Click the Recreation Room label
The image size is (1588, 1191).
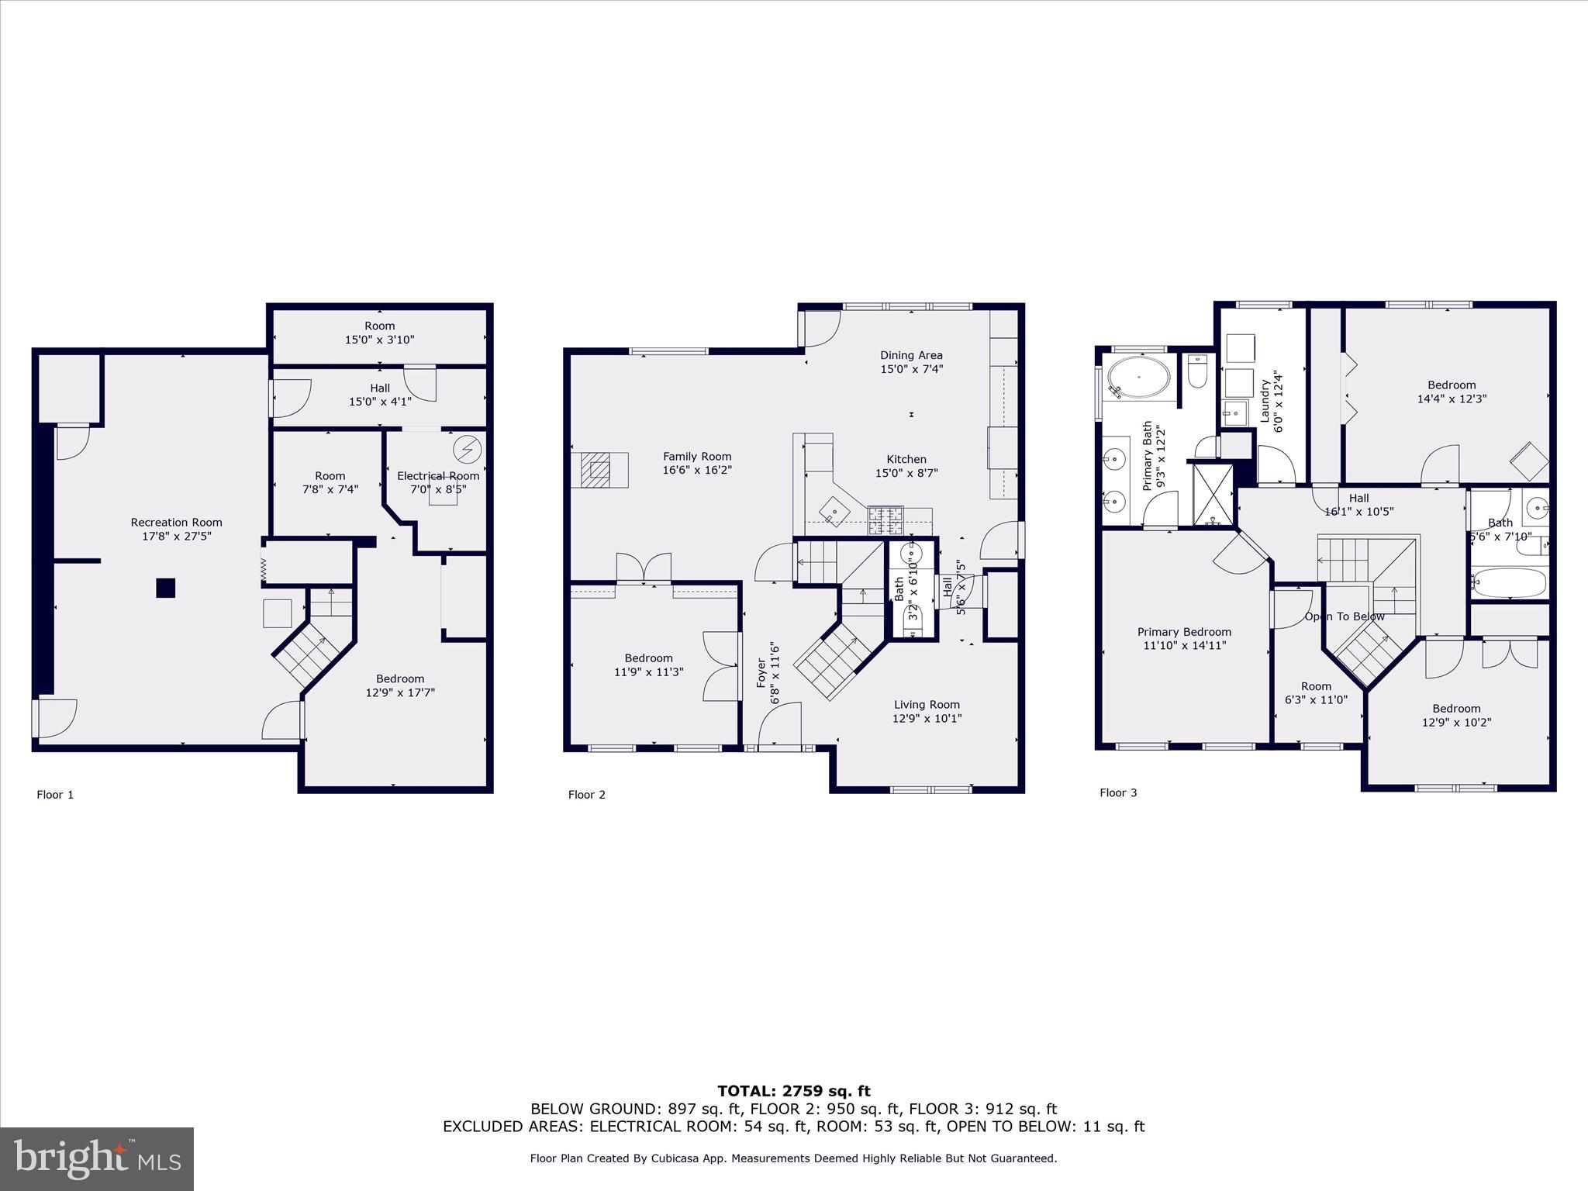(x=176, y=523)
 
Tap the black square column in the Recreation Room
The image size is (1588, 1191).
(x=165, y=588)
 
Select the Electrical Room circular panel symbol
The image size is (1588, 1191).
(x=468, y=450)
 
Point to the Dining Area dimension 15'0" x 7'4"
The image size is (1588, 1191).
(x=911, y=369)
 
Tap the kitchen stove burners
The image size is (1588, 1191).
(x=885, y=520)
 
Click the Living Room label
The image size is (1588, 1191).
(x=927, y=705)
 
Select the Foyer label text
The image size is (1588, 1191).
(x=761, y=673)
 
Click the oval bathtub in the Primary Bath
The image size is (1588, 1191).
(x=1138, y=377)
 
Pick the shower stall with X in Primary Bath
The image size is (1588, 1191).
(x=1212, y=493)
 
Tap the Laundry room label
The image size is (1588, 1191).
(x=1265, y=400)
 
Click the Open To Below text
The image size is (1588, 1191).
(x=1344, y=616)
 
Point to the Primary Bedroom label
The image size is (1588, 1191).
(x=1184, y=632)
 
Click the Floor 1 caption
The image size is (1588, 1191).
(x=55, y=795)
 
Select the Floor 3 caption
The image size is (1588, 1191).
(x=1118, y=792)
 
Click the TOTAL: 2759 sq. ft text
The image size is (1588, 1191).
(x=793, y=1091)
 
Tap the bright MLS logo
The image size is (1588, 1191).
(x=97, y=1158)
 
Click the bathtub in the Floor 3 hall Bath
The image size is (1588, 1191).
(x=1508, y=582)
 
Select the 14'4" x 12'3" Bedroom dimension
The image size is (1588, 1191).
(x=1452, y=399)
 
